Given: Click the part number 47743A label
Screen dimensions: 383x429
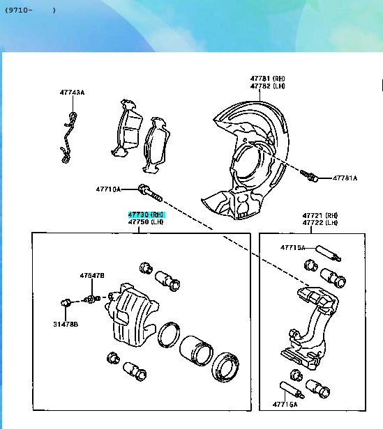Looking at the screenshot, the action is pyautogui.click(x=73, y=92).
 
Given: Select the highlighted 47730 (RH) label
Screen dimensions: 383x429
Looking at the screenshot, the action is pyautogui.click(x=147, y=214).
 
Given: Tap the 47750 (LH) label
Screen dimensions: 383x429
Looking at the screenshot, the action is pyautogui.click(x=146, y=221).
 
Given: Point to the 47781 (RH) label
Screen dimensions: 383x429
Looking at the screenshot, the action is pyautogui.click(x=268, y=79).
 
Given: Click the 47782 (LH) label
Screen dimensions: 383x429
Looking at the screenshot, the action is pyautogui.click(x=268, y=86).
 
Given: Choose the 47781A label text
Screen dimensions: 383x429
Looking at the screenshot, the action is pyautogui.click(x=345, y=178).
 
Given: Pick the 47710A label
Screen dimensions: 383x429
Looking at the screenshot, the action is pyautogui.click(x=108, y=189).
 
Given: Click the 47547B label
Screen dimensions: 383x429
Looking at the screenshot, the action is pyautogui.click(x=92, y=276).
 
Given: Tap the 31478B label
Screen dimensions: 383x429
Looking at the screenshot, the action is pyautogui.click(x=66, y=325).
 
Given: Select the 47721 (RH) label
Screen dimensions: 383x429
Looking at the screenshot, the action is pyautogui.click(x=320, y=215).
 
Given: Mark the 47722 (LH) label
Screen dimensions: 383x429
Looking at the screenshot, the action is pyautogui.click(x=320, y=223).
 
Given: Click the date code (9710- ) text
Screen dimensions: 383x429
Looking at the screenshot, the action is pyautogui.click(x=31, y=10).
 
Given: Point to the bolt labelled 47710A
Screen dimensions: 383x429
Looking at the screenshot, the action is pyautogui.click(x=150, y=193).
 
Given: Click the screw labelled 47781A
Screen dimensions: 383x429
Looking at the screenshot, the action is pyautogui.click(x=309, y=175).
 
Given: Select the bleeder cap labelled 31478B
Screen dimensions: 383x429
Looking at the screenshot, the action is pyautogui.click(x=66, y=302).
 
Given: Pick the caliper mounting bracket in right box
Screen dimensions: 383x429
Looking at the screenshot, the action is pyautogui.click(x=309, y=328).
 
